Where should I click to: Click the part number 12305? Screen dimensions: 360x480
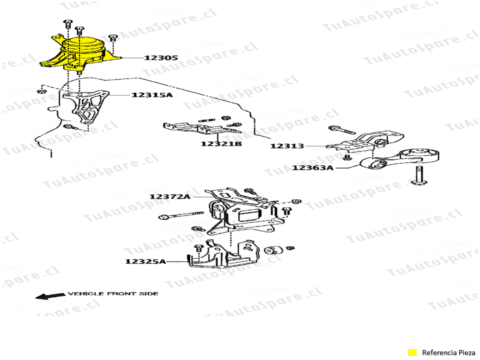[161, 58]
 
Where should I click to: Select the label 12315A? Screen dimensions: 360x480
[152, 94]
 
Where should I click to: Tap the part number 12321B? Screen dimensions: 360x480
[221, 144]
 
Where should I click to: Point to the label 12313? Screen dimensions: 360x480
[287, 146]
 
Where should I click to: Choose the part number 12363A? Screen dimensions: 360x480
[313, 168]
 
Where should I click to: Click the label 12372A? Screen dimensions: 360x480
[169, 196]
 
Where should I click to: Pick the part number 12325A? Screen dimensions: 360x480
[145, 261]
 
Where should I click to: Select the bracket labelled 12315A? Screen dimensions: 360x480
[85, 107]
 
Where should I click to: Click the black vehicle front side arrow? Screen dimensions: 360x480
[49, 295]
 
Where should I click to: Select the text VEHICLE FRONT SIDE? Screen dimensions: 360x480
[113, 293]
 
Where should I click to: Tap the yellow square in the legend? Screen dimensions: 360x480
[412, 352]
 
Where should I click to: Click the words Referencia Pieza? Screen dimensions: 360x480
[448, 352]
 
